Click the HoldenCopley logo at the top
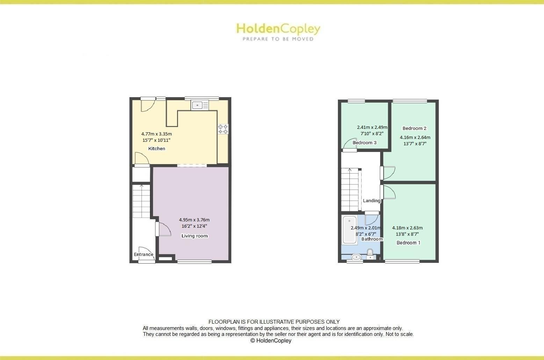pos(278,31)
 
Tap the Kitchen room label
pos(157,149)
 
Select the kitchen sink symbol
pos(200,105)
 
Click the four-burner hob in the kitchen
pos(223,129)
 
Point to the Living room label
pos(194,236)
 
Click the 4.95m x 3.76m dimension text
pos(194,220)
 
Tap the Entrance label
pos(144,254)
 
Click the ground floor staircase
pos(141,201)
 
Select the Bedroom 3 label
pos(364,143)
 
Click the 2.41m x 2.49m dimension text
pos(372,127)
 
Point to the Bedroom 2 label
pos(414,128)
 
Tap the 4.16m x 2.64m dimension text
pos(415,137)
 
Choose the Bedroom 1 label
pos(408,243)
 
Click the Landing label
pos(371,201)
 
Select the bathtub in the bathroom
pos(349,230)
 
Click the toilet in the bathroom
pos(370,254)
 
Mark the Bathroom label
pos(372,239)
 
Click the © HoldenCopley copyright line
pos(271,340)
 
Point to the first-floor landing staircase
pos(350,190)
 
